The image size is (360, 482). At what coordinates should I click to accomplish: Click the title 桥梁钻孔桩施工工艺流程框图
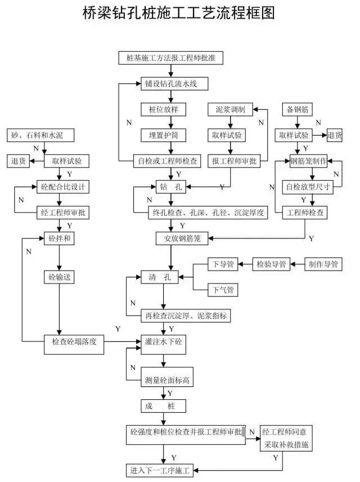pyautogui.click(x=179, y=13)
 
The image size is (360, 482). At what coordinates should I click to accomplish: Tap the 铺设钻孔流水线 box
pyautogui.click(x=169, y=84)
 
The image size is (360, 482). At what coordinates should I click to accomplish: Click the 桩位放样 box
pyautogui.click(x=163, y=109)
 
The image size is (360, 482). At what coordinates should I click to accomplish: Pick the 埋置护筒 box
pyautogui.click(x=163, y=135)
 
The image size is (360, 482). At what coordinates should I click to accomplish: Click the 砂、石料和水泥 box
pyautogui.click(x=42, y=136)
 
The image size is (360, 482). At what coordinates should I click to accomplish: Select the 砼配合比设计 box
pyautogui.click(x=62, y=186)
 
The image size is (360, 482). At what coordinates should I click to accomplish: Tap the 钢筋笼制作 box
pyautogui.click(x=308, y=160)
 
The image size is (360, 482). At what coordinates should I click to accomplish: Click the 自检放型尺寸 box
pyautogui.click(x=308, y=186)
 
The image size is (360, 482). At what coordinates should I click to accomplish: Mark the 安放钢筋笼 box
pyautogui.click(x=182, y=238)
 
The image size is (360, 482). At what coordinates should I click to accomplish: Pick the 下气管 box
pyautogui.click(x=223, y=290)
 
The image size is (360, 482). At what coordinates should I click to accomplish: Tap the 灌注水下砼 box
pyautogui.click(x=164, y=342)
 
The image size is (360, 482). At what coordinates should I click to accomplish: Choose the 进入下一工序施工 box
pyautogui.click(x=159, y=469)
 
